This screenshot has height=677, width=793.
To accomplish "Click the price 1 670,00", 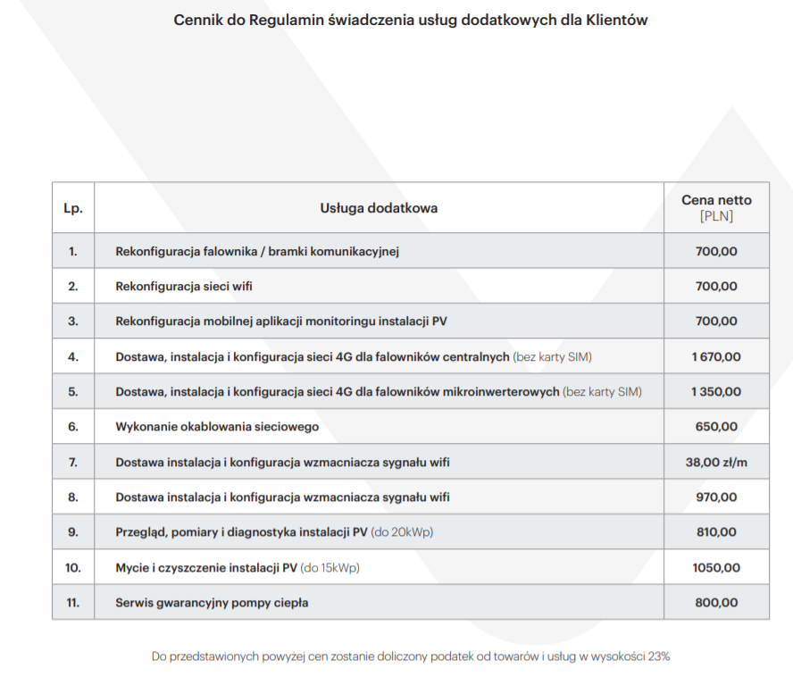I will pyautogui.click(x=716, y=356).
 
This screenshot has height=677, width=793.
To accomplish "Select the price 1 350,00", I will pyautogui.click(x=716, y=391).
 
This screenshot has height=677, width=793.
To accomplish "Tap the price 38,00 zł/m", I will pyautogui.click(x=716, y=462).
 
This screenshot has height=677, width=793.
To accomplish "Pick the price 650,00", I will pyautogui.click(x=716, y=427).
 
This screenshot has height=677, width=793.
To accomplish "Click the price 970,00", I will pyautogui.click(x=716, y=497).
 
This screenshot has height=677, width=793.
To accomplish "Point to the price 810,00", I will pyautogui.click(x=716, y=531).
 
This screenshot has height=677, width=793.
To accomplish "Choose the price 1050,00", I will pyautogui.click(x=716, y=567).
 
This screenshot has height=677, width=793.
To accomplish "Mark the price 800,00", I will pyautogui.click(x=716, y=602).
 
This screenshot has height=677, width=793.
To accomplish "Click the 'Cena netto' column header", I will pyautogui.click(x=716, y=200).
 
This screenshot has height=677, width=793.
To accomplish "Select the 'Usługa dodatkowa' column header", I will pyautogui.click(x=379, y=208).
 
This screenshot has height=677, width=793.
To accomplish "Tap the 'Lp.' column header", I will pyautogui.click(x=73, y=208).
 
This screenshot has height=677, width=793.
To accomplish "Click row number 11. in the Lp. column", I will pyautogui.click(x=73, y=602).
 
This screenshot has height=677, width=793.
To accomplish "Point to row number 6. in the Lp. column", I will pyautogui.click(x=73, y=427).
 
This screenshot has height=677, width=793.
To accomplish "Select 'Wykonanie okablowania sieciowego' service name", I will pyautogui.click(x=217, y=427).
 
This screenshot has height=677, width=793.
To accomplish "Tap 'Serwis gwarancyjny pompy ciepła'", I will pyautogui.click(x=212, y=602).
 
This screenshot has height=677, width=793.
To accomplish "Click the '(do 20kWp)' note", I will pyautogui.click(x=403, y=532).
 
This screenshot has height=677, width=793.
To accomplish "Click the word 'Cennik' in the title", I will pyautogui.click(x=196, y=20).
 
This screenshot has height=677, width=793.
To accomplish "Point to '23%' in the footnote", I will pyautogui.click(x=659, y=656).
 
